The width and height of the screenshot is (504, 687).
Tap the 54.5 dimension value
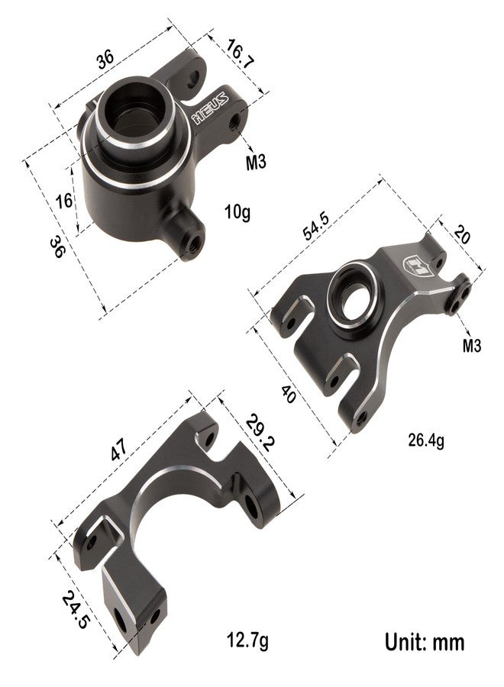[315, 227]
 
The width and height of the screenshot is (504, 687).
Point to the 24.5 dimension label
[75, 610]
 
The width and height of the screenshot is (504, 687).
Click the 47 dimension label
[118, 450]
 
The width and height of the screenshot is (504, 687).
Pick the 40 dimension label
[288, 394]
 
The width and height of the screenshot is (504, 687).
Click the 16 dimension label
[64, 201]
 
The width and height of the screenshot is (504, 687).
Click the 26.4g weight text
[426, 440]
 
